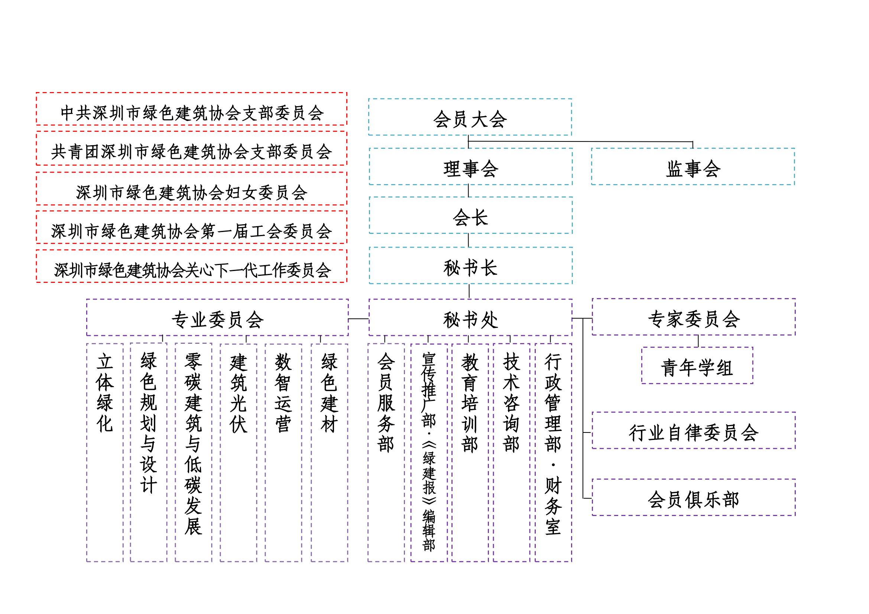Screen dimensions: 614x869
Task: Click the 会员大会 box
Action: (470, 117)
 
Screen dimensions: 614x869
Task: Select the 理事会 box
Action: (470, 167)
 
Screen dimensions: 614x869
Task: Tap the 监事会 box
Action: (693, 167)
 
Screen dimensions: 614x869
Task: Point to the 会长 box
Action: (470, 216)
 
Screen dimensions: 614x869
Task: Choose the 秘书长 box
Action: (470, 266)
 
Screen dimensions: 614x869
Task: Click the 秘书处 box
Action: (470, 318)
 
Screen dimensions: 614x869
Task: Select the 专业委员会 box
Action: (217, 318)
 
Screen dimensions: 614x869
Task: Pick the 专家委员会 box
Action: (693, 317)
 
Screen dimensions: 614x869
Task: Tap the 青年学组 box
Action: (697, 366)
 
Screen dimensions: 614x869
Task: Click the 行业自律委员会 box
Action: (693, 431)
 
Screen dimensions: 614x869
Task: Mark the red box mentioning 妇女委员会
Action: (191, 189)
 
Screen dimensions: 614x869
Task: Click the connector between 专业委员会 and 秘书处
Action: (359, 319)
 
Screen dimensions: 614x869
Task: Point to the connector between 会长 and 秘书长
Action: (468, 241)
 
